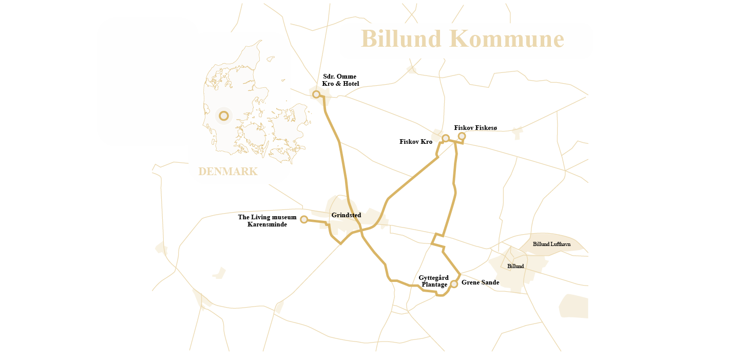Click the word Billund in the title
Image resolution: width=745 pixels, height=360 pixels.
[x=401, y=39]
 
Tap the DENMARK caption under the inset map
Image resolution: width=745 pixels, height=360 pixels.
[x=227, y=172]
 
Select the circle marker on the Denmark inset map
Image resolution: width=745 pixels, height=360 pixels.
[x=224, y=116]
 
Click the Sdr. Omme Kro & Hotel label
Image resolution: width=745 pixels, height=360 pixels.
[x=340, y=80]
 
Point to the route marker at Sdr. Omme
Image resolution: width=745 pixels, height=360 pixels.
[x=316, y=94]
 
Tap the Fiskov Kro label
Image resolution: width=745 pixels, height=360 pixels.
[x=416, y=142]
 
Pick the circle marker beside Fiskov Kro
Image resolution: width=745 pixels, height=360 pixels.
[x=446, y=138]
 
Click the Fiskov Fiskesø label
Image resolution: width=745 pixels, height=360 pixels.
[x=475, y=128]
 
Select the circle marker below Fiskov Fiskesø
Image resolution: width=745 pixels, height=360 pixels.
[x=462, y=136]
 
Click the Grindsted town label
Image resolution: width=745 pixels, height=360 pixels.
[x=346, y=215]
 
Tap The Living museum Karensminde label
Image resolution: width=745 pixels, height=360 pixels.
[x=267, y=221]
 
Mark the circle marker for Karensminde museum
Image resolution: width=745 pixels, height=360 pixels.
[x=304, y=219]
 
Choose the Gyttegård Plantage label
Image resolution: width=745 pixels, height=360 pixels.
[x=433, y=281]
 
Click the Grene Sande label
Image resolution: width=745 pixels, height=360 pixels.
[x=480, y=282]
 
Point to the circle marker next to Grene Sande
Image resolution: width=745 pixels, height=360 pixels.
[x=454, y=284]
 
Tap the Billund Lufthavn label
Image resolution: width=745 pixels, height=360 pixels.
[x=551, y=244]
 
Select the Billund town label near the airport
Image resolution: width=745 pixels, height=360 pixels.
[x=515, y=267]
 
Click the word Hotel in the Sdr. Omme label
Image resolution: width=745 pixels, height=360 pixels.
[x=350, y=84]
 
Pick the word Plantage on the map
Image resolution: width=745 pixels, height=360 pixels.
[x=434, y=285]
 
